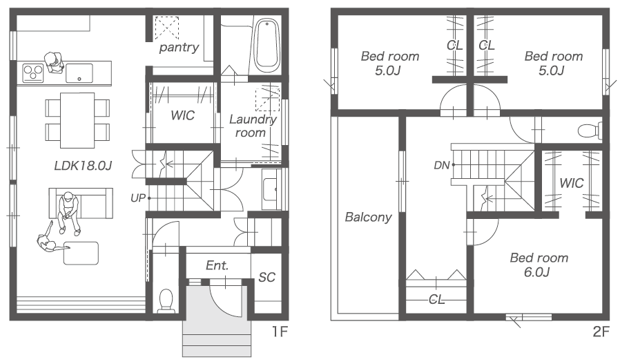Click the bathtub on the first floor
(266, 46)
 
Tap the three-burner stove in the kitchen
(33, 73)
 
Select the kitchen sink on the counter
(79, 73)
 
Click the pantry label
(179, 48)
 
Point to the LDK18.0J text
(83, 165)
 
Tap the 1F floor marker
(279, 332)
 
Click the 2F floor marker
(601, 332)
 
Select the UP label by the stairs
(138, 198)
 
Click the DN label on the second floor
(442, 165)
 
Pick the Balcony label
(368, 217)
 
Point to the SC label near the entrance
(267, 278)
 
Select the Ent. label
(217, 265)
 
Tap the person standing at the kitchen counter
(54, 63)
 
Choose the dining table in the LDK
(77, 120)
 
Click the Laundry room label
(252, 126)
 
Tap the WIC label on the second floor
(572, 183)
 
